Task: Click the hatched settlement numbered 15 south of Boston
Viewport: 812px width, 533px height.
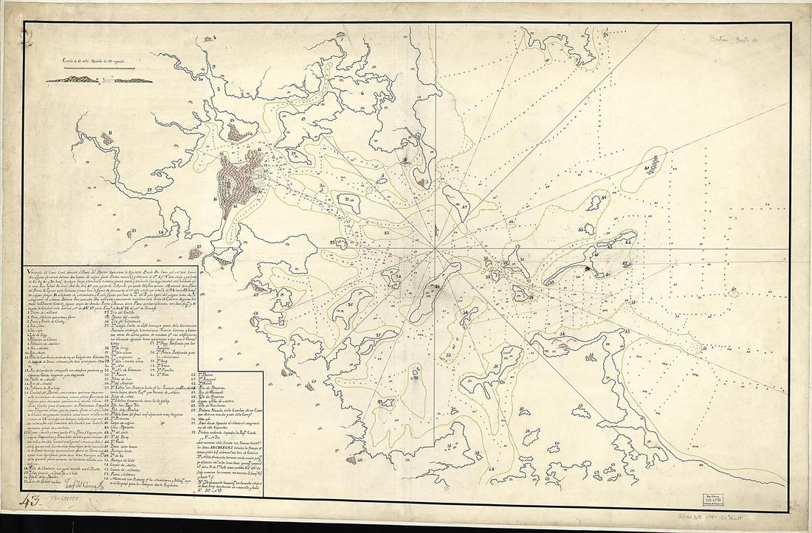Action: [196, 253]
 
